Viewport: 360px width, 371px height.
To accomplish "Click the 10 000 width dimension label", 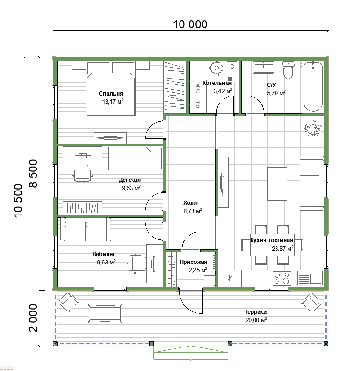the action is click(x=190, y=24).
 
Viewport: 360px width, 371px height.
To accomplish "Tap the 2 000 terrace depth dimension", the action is click(x=33, y=318).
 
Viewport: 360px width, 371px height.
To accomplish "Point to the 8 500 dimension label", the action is click(x=33, y=173).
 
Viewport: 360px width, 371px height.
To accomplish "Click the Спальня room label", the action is click(x=111, y=94).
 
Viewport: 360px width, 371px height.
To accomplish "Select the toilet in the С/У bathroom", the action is click(x=288, y=70).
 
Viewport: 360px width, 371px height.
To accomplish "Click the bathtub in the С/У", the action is click(x=313, y=86).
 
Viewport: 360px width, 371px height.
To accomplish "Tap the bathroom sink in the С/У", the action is click(x=264, y=68).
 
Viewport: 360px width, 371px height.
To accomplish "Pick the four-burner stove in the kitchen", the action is click(x=282, y=278).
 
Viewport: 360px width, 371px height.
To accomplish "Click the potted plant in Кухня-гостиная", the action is click(x=312, y=128).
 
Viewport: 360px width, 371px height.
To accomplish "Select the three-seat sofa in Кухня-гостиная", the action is click(x=311, y=183).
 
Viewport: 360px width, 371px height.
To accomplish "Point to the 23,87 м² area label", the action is click(x=283, y=248).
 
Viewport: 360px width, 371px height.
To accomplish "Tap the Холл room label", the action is click(x=191, y=203).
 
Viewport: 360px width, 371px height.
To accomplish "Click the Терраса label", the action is click(x=256, y=312).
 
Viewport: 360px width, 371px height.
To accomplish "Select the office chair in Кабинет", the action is click(x=137, y=263).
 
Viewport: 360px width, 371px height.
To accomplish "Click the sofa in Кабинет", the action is click(x=85, y=229).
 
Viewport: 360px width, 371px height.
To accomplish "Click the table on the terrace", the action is click(x=105, y=313).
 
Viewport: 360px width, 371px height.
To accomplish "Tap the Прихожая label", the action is click(x=193, y=262).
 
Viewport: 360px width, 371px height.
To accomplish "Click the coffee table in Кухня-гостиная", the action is click(x=277, y=184).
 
